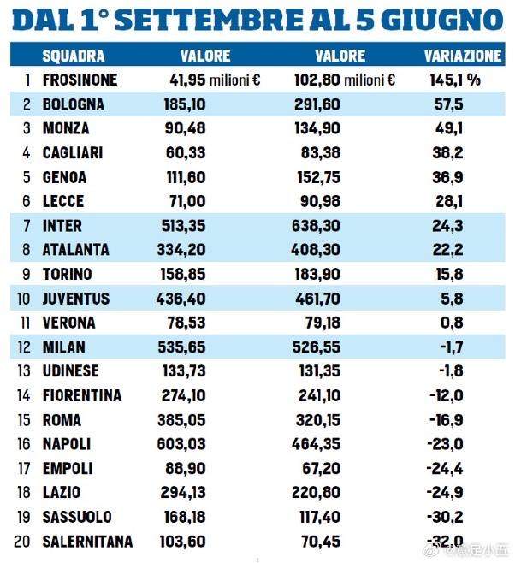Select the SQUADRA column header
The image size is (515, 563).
tap(74, 56)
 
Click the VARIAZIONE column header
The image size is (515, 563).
tap(463, 56)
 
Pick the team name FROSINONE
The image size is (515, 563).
tap(80, 81)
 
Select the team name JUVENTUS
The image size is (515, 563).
tap(76, 299)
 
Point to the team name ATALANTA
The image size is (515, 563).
tap(76, 251)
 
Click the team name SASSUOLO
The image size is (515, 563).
tap(77, 517)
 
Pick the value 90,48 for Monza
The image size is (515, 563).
tap(187, 129)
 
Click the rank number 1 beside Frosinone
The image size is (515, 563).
tap(27, 81)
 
